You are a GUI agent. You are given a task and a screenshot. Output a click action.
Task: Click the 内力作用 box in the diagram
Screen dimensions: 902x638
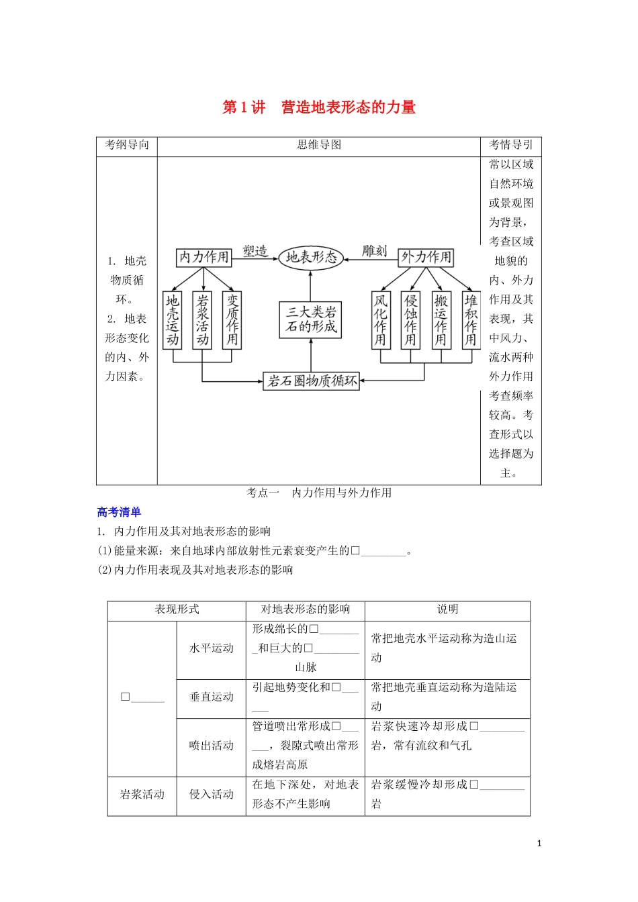[x=204, y=257]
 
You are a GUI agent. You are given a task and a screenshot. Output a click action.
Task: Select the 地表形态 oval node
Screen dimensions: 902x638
[x=311, y=257]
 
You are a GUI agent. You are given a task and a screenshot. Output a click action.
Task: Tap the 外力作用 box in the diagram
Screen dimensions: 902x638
[x=426, y=257]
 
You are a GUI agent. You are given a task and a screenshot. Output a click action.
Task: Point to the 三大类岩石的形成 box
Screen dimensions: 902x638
[x=310, y=319]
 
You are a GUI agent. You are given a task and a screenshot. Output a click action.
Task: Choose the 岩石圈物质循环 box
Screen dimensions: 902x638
[x=312, y=381]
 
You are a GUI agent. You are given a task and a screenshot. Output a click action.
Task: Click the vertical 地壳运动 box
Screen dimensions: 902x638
[x=173, y=320]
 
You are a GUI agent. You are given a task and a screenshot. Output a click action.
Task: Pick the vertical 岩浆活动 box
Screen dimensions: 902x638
[x=202, y=320]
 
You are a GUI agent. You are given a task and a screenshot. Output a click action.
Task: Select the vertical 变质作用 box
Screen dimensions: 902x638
[x=232, y=320]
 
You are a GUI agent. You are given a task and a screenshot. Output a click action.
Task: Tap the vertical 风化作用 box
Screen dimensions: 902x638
[x=381, y=320]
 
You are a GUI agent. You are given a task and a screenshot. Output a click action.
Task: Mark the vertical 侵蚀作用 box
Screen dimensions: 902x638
[x=410, y=320]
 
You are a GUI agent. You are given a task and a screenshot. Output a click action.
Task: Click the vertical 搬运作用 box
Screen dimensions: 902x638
[x=441, y=320]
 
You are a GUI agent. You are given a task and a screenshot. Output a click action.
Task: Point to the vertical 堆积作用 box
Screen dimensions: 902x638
[x=471, y=320]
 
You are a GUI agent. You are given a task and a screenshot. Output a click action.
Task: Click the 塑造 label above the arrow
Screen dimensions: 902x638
[x=255, y=251]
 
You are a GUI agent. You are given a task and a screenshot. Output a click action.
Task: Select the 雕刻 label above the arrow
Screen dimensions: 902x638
[x=375, y=251]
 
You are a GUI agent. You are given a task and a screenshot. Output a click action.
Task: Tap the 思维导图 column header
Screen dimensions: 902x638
[x=319, y=145]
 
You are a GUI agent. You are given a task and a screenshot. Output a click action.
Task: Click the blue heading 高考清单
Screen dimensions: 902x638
[x=119, y=512]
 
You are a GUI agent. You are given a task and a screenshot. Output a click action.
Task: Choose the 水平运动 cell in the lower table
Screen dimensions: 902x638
[x=211, y=648]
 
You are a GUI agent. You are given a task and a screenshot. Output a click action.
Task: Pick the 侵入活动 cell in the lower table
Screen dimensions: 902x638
[x=211, y=795]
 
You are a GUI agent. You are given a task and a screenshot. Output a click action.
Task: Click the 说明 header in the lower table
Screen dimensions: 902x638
[x=447, y=609]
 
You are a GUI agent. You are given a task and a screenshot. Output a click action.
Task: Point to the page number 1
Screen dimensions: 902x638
[x=539, y=844]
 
